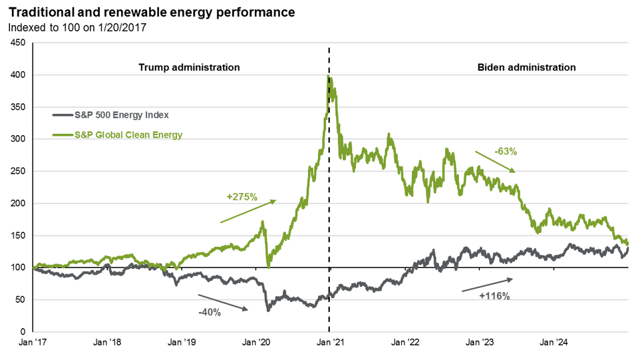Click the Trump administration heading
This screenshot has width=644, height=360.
tap(189, 67)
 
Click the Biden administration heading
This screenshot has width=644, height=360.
tap(526, 67)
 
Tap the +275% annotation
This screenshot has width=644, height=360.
tap(241, 197)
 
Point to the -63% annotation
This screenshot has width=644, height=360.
tap(506, 151)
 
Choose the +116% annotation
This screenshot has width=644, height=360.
tap(494, 296)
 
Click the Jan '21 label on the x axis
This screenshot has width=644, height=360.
tap(330, 343)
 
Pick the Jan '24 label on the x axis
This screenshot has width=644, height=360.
tap(553, 343)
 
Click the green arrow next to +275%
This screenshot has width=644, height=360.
tap(247, 210)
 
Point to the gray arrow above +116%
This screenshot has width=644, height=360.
tap(488, 285)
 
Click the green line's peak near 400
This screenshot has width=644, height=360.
tap(329, 77)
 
